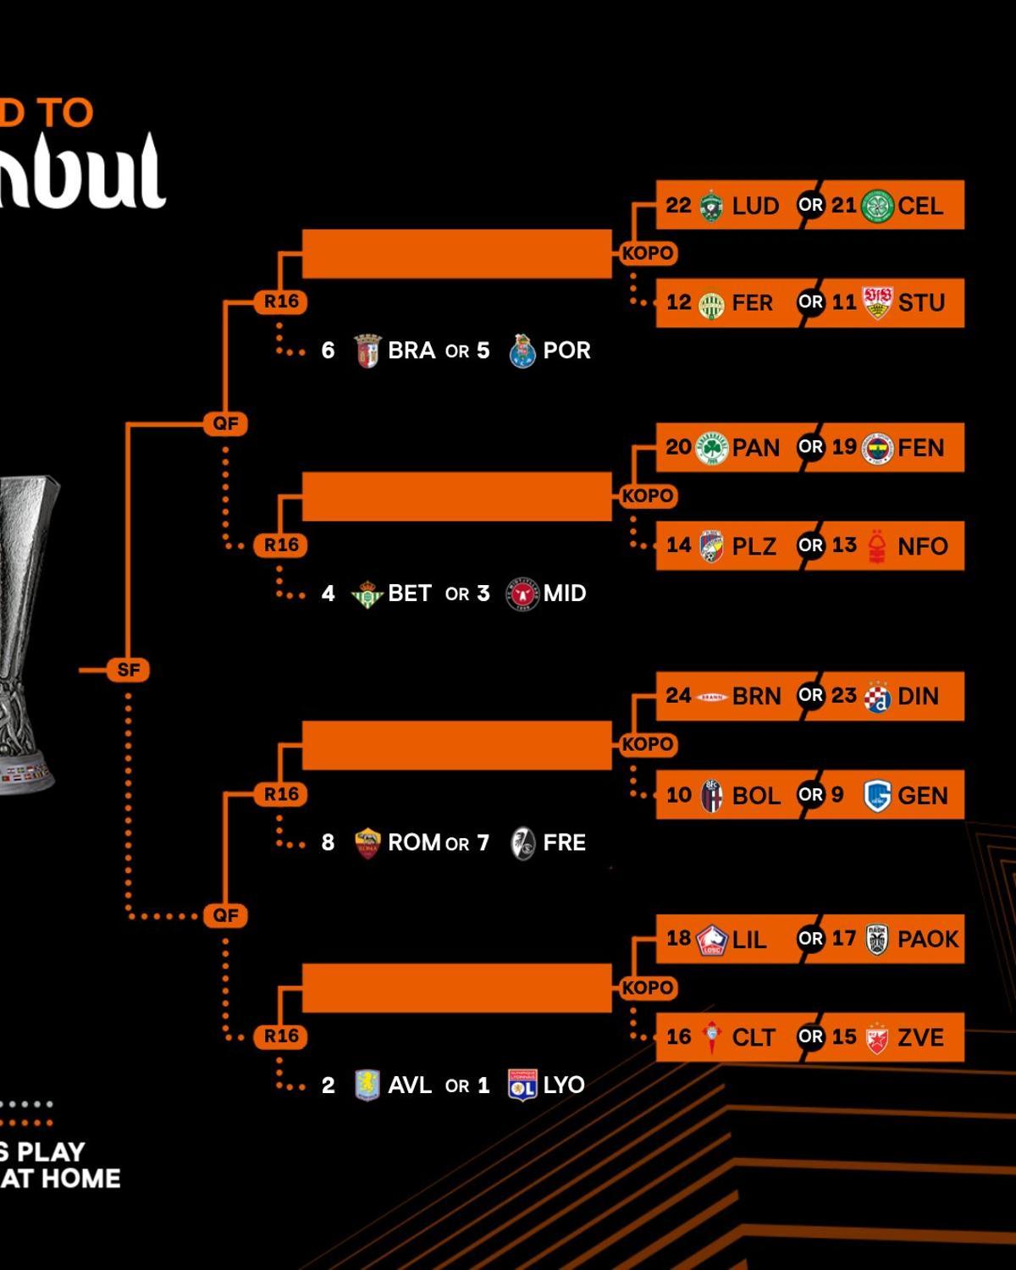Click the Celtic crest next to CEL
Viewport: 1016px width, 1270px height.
877,206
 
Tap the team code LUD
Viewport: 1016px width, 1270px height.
755,206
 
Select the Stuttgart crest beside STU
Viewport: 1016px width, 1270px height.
877,303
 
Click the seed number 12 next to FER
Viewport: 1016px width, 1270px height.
678,302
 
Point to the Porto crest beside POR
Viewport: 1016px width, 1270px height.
522,351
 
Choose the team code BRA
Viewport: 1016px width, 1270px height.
411,351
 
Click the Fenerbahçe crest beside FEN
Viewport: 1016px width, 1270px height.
877,448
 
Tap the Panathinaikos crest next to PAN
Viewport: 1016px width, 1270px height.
711,448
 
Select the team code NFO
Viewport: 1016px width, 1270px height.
922,546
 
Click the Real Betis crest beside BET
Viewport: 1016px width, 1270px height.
367,594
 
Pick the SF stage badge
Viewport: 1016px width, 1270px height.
129,671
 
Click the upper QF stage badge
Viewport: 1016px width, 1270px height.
226,423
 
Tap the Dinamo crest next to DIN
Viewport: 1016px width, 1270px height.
877,697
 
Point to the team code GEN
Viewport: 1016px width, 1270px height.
922,796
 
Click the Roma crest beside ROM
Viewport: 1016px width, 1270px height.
367,843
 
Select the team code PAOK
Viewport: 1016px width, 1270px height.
928,939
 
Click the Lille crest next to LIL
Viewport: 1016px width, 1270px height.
711,940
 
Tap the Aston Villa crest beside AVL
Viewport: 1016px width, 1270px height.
367,1085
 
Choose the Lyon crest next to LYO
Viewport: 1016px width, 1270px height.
522,1085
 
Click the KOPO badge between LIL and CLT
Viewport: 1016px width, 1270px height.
648,988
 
